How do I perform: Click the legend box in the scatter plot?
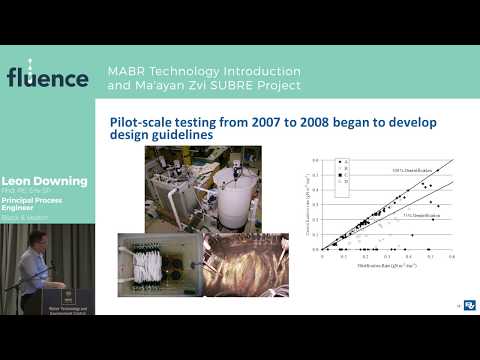[344, 176]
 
